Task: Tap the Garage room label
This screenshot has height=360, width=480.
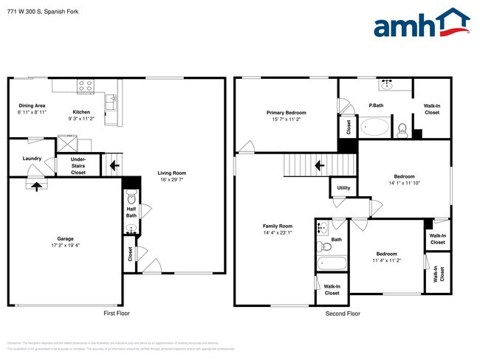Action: pos(66,238)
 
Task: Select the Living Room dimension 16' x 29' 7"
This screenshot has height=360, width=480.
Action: pos(172,181)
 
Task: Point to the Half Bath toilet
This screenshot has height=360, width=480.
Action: pos(131,198)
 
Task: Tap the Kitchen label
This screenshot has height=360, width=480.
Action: pos(81,91)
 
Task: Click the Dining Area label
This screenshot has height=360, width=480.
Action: pos(32,105)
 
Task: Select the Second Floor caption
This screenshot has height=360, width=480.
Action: pos(343,314)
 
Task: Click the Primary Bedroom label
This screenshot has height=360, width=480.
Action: pos(287,112)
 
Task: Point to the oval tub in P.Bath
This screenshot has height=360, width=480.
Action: pos(376,128)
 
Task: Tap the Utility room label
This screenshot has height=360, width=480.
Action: pos(343,188)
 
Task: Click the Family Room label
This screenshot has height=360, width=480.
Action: pos(278,226)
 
